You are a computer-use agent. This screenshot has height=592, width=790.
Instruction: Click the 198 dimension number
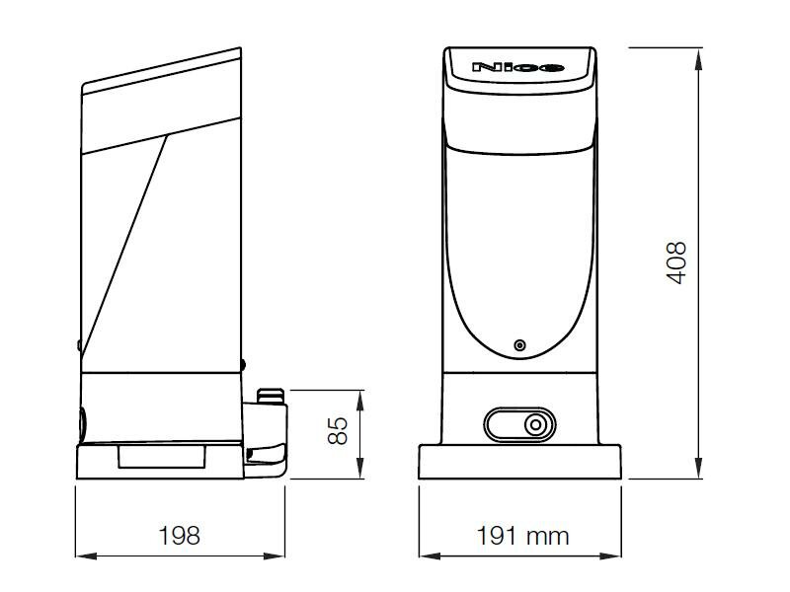pos(180,535)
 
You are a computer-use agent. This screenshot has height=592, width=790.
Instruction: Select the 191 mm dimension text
pos(522,536)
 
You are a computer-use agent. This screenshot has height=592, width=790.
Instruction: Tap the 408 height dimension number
pos(676,262)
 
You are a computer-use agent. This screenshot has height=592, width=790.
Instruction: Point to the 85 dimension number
pos(338,430)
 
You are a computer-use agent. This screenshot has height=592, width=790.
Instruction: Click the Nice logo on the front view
pos(517,67)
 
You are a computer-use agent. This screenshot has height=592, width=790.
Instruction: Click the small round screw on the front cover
pos(519,345)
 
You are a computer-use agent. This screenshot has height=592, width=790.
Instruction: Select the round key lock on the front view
pos(535,425)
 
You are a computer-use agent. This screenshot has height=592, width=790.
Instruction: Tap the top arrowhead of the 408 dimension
pos(698,59)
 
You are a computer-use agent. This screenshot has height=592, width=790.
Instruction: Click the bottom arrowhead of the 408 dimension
pos(698,468)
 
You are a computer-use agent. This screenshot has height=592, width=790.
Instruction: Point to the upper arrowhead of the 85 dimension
pos(359,402)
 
